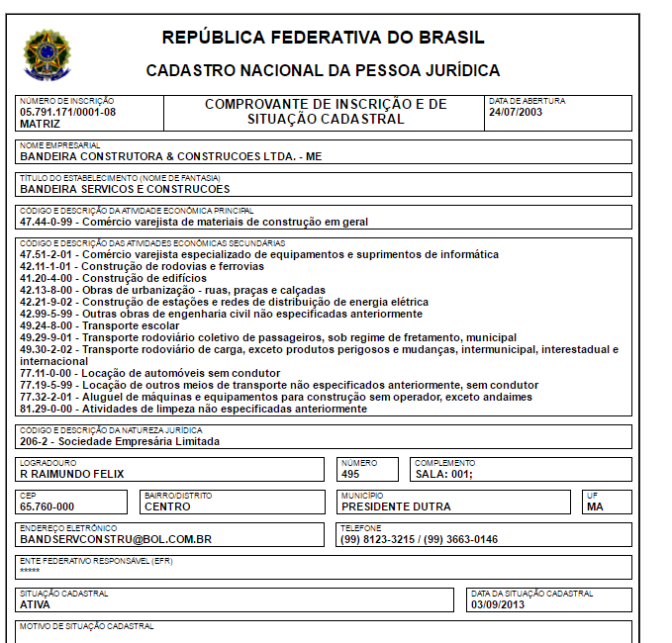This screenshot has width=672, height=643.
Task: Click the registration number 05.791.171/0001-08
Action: (67, 113)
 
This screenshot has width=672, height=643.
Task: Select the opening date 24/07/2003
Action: (515, 113)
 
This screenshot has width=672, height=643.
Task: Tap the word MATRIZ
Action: (40, 125)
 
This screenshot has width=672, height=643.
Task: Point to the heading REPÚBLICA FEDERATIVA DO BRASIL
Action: (323, 39)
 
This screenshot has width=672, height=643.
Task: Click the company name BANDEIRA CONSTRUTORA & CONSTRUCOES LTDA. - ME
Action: (170, 156)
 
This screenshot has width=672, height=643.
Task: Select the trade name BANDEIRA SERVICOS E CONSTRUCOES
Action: (125, 189)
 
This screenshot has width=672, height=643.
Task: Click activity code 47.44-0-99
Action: (48, 223)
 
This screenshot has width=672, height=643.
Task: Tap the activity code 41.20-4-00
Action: (48, 278)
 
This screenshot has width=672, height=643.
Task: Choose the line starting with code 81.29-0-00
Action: (193, 409)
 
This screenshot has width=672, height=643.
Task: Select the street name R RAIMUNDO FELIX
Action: (72, 474)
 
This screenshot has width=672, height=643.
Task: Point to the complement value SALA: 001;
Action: (443, 474)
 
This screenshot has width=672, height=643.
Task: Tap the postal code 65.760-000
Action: (47, 506)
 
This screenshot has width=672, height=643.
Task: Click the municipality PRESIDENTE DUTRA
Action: (396, 506)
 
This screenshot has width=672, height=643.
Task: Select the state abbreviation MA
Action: (595, 506)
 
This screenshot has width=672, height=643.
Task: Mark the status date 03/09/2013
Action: (499, 604)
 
